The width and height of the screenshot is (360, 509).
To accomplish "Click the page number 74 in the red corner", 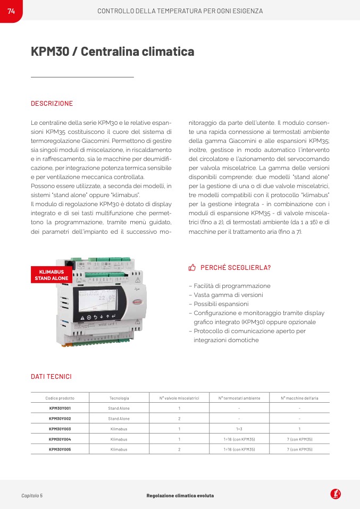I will click(11, 11).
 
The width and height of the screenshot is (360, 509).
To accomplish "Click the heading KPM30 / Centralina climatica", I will click(112, 52).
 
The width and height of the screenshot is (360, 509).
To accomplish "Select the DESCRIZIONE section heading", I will click(52, 104).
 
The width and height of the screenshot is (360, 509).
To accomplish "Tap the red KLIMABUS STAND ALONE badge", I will click(52, 275).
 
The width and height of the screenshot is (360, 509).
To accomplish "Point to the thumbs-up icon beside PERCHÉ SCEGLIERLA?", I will click(192, 267).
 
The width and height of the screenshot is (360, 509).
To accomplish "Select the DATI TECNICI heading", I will click(51, 377).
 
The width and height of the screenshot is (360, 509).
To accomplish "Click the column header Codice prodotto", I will click(60, 398).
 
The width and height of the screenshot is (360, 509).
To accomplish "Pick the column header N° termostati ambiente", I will click(239, 398).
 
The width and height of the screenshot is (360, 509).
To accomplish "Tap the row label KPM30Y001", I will click(60, 408).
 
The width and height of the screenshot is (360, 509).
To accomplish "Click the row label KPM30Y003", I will click(60, 429).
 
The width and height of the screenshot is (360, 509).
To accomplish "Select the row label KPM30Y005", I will click(60, 449).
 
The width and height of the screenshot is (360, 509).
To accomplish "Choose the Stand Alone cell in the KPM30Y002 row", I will click(119, 419).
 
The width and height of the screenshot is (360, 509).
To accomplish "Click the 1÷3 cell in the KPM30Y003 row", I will click(239, 429).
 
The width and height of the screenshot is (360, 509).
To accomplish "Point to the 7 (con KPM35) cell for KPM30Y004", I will click(299, 439).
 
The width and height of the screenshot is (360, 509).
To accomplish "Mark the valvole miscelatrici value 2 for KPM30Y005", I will click(179, 449).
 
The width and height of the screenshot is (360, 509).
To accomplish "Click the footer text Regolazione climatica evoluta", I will click(180, 496).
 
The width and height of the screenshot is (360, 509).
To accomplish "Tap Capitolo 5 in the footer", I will click(32, 496).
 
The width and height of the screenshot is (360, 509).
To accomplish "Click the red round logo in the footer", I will click(336, 494).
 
